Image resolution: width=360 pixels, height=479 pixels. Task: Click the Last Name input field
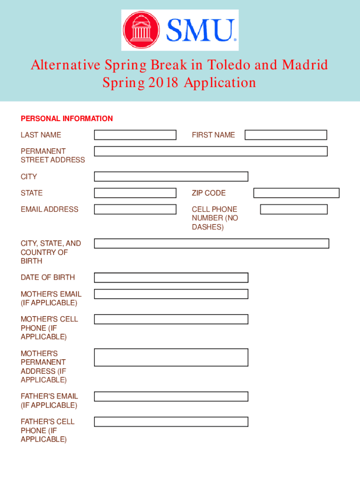point(135,135)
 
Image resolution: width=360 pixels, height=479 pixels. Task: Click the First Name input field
point(286,135)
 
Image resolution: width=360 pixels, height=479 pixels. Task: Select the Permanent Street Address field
point(210,151)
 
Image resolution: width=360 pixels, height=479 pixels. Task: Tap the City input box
point(171,176)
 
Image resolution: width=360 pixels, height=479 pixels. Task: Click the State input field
point(135,193)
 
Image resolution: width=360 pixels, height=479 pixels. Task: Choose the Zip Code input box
point(296,193)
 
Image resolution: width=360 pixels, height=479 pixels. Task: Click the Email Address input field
point(135,209)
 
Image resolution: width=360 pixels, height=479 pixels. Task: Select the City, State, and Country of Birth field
point(211,243)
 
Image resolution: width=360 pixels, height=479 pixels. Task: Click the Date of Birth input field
point(171,277)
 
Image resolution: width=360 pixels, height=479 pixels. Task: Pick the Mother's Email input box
point(171,294)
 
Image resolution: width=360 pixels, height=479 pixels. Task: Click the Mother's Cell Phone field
point(171,319)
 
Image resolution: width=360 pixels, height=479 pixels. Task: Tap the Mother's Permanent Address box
point(171,357)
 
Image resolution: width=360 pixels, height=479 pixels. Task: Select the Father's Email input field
point(171,396)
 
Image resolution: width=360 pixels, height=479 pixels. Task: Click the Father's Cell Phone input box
point(171,421)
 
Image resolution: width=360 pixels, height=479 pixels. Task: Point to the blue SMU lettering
point(200,30)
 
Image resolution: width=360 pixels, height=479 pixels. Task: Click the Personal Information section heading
point(67,119)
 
